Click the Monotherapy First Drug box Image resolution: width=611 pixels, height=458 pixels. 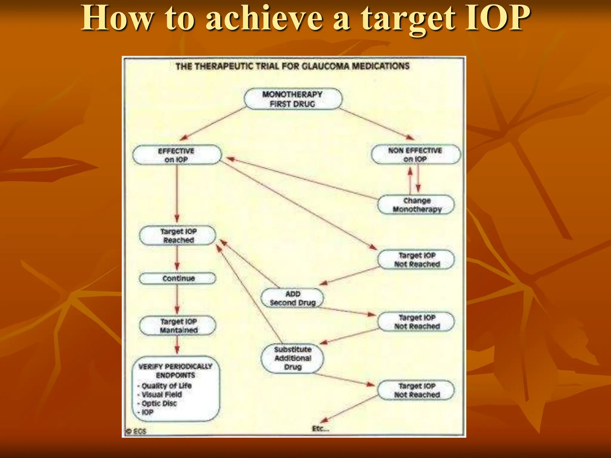click(x=293, y=99)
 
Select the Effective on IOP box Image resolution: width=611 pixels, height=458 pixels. click(x=177, y=155)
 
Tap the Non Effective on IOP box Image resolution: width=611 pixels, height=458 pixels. click(x=415, y=155)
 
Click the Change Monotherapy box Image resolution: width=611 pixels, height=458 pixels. click(x=416, y=205)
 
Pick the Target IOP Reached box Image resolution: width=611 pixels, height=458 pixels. click(x=178, y=236)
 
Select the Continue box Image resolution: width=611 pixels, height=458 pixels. click(x=178, y=278)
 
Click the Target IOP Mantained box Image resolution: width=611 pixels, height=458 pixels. click(x=178, y=326)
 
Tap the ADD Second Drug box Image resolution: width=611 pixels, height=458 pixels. click(x=292, y=298)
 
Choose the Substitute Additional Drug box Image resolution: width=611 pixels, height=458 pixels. click(x=292, y=358)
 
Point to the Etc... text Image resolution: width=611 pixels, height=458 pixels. click(x=320, y=429)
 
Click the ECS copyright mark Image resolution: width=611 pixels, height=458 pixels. click(x=136, y=431)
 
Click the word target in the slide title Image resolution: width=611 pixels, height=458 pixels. click(x=408, y=18)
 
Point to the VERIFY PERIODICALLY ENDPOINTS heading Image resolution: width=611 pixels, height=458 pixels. click(x=175, y=371)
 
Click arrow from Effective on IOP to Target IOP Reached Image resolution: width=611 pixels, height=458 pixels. click(x=177, y=194)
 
